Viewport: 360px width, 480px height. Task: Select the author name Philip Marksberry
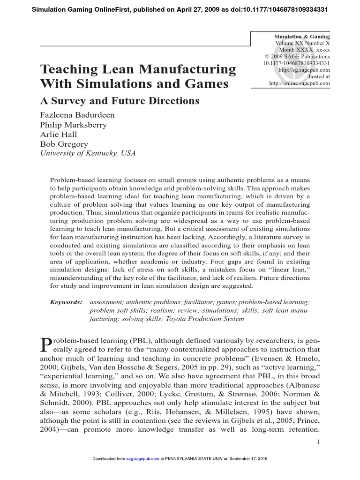[x=74, y=125]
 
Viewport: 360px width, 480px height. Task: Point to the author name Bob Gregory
[x=64, y=144]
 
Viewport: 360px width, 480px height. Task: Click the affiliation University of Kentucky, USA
[x=88, y=153]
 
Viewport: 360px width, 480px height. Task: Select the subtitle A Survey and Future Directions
[x=120, y=101]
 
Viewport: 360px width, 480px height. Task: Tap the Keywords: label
[x=66, y=303]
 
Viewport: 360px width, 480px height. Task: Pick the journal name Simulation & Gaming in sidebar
[x=302, y=37]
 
